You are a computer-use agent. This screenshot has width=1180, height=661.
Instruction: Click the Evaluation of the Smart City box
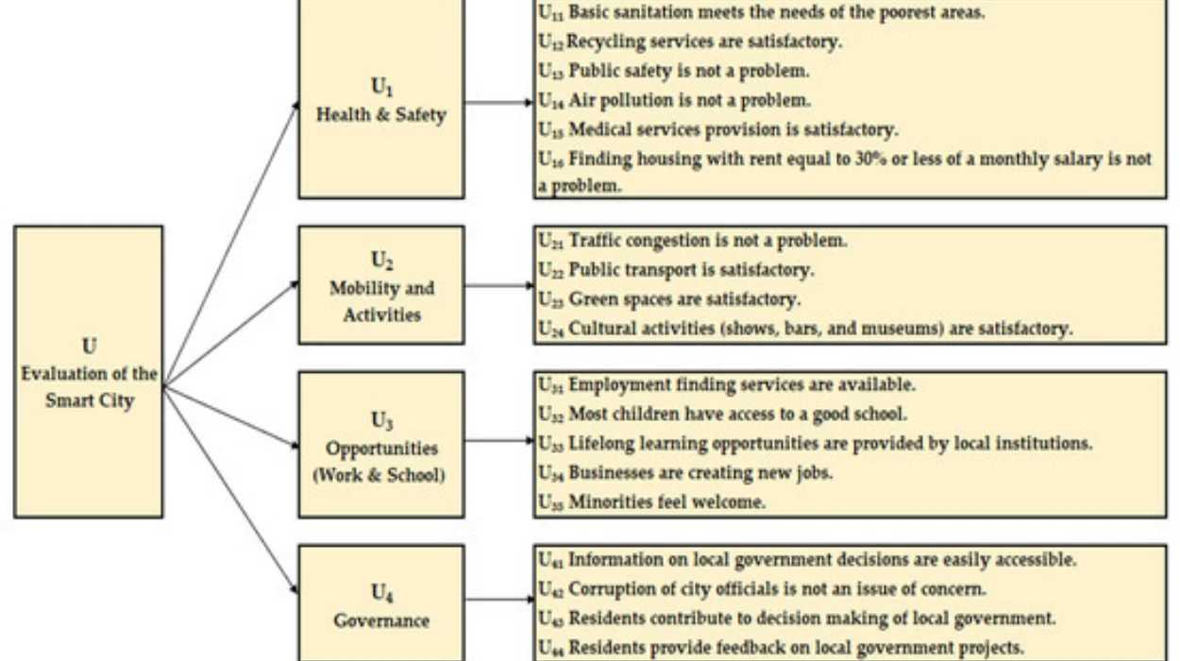[x=89, y=371]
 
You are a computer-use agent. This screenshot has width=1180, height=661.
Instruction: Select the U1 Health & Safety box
[x=380, y=100]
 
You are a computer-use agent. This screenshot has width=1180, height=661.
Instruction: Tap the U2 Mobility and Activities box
[x=380, y=285]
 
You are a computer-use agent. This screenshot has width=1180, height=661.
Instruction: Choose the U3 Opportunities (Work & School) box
[x=380, y=444]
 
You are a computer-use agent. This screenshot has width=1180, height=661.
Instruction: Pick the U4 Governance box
[x=380, y=605]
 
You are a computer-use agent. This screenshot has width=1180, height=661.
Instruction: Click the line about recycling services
[x=690, y=42]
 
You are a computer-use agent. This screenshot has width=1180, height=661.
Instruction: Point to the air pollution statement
[x=674, y=100]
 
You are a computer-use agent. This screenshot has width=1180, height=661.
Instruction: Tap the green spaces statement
[x=669, y=299]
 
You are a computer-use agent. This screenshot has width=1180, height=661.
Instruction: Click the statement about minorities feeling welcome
[x=651, y=502]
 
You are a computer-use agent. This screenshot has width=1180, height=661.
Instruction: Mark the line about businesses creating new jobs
[x=685, y=473]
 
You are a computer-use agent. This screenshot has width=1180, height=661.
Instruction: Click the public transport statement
[x=676, y=270]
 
